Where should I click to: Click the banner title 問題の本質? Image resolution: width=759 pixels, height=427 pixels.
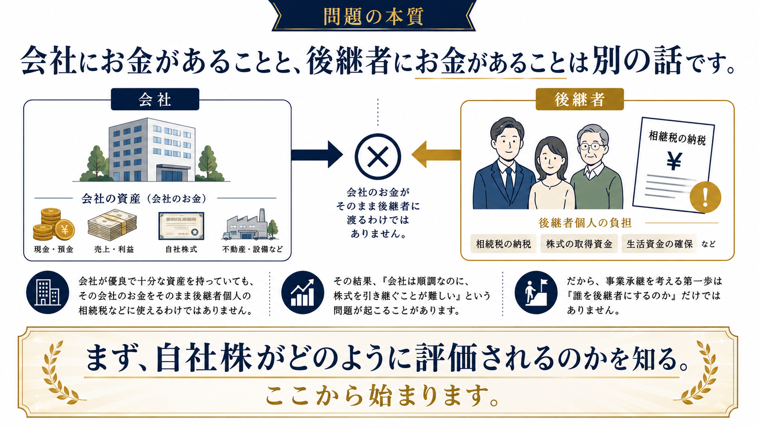coord(374,16)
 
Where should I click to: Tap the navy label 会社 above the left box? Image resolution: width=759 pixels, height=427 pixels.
coord(155,99)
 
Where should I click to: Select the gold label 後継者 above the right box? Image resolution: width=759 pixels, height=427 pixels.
coord(579,99)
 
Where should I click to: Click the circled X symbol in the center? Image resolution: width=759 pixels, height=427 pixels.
coord(378,157)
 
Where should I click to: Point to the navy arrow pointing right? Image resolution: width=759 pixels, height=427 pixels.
coord(317,154)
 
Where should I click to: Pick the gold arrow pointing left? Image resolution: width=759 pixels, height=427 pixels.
coord(436,154)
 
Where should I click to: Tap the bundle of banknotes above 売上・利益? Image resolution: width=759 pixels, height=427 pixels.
coord(112,225)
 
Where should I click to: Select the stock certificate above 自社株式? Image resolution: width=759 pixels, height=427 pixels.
coord(181,226)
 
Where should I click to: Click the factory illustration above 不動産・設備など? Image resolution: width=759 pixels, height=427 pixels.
coord(250,225)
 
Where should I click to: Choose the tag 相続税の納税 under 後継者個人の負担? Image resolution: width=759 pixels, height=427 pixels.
coord(503,244)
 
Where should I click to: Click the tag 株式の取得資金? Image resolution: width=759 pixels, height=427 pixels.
coord(579,244)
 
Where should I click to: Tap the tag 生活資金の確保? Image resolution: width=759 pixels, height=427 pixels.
coord(659,244)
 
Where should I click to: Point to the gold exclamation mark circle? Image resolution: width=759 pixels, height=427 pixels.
coord(705,197)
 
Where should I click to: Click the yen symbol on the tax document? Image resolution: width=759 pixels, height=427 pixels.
coord(674,161)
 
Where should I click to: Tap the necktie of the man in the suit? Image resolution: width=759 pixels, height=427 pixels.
coord(509,185)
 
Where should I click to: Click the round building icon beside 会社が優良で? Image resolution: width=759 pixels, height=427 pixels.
coord(47,293)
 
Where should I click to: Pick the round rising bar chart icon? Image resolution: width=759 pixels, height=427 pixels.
coord(303,293)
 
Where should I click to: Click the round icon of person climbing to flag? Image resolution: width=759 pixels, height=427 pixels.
coord(536,293)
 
